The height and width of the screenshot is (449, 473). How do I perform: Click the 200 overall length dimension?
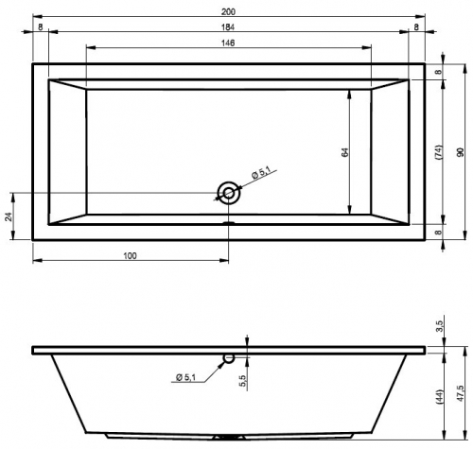tap(228, 12)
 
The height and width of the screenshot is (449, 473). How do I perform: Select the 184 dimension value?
tap(228, 27)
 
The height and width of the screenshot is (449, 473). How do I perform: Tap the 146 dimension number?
tap(228, 43)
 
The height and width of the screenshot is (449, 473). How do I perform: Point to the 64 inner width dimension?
tap(345, 152)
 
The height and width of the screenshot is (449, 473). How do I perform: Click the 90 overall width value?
tap(461, 152)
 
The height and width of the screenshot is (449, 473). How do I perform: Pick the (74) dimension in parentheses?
tap(439, 152)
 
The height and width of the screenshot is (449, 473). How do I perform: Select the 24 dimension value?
tap(9, 216)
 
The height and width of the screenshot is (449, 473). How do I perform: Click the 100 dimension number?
tap(130, 256)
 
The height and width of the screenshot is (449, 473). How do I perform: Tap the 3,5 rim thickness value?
tap(440, 326)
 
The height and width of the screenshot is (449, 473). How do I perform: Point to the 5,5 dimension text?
tap(243, 380)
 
